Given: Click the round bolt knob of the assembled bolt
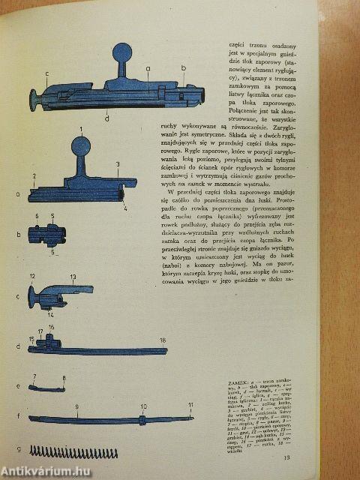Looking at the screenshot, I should click(122, 55).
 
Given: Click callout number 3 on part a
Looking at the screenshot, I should click(117, 163).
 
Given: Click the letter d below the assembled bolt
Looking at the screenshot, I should click(108, 118).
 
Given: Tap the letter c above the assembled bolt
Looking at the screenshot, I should click(46, 73).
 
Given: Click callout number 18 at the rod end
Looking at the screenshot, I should click(163, 340).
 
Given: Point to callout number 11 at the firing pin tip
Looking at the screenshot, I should click(190, 406).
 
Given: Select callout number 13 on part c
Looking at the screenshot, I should click(73, 277).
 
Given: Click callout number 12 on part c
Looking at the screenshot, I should click(33, 277).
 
